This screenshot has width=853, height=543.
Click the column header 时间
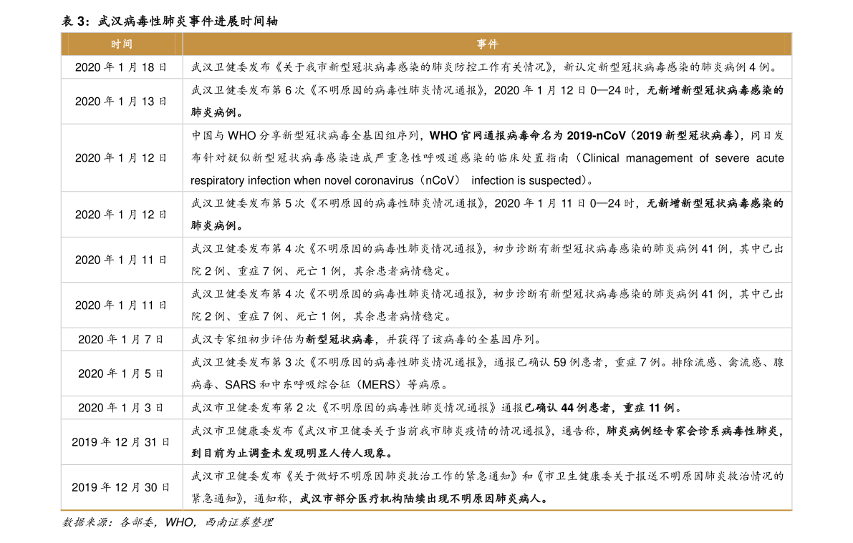[121, 44]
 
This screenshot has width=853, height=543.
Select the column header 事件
[487, 44]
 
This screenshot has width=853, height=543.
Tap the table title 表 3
[74, 21]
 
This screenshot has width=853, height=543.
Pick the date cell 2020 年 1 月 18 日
[121, 67]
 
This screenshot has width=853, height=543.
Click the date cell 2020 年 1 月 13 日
[121, 102]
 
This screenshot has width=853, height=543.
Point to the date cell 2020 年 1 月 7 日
[121, 340]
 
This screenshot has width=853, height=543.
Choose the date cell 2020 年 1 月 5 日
[121, 374]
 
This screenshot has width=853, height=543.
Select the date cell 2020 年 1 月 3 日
[121, 408]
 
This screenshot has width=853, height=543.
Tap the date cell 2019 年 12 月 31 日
[121, 442]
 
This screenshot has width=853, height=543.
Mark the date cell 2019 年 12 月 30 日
[121, 488]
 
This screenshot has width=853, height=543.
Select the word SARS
[240, 385]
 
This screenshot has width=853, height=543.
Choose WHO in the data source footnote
[179, 522]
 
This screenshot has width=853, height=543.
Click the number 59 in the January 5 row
[560, 362]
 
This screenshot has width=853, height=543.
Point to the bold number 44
[567, 408]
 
